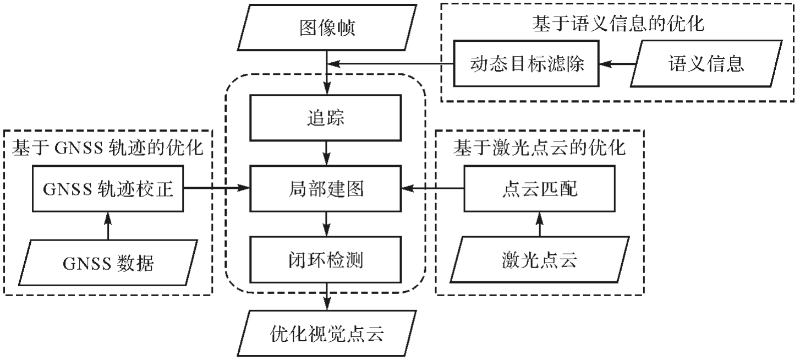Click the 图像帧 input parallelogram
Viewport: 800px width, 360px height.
pos(327,28)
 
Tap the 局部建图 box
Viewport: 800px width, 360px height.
pos(327,189)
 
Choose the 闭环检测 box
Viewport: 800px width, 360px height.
pos(327,259)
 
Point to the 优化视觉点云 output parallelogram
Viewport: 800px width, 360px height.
pos(327,332)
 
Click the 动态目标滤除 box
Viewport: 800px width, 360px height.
pos(527,64)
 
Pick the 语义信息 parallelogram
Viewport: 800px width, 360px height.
pos(706,64)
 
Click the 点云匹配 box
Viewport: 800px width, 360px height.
pos(539,189)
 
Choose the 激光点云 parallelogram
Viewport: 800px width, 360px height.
pos(539,259)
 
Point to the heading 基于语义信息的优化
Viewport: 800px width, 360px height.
pos(618,24)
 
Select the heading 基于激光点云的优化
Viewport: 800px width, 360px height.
pos(539,149)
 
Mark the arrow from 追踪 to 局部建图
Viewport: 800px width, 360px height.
pos(327,153)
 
